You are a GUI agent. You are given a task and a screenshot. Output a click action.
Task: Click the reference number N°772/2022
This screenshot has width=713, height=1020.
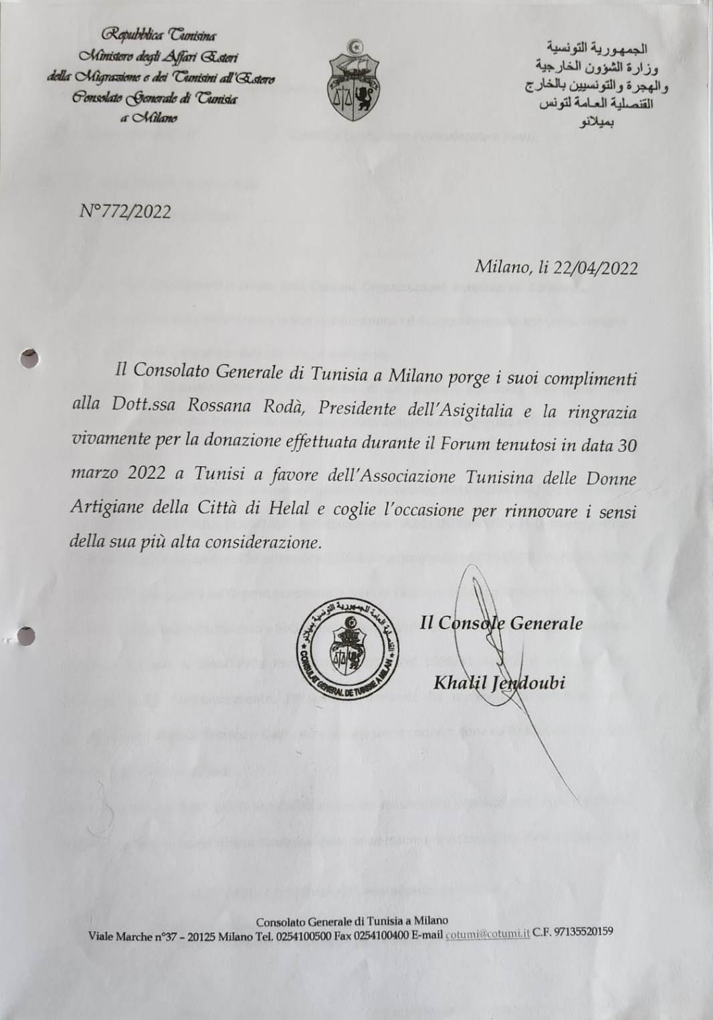point(125,212)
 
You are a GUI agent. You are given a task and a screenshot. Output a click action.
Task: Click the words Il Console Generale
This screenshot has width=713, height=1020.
point(502,623)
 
